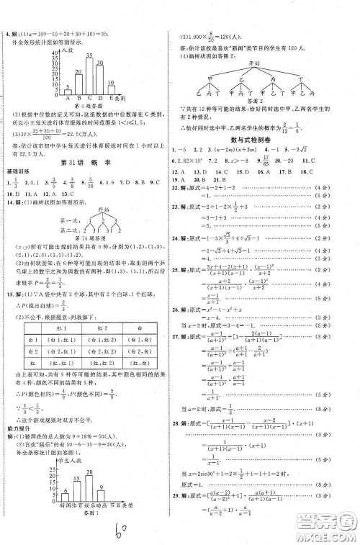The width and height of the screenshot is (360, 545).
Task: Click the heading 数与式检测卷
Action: click(266, 140)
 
